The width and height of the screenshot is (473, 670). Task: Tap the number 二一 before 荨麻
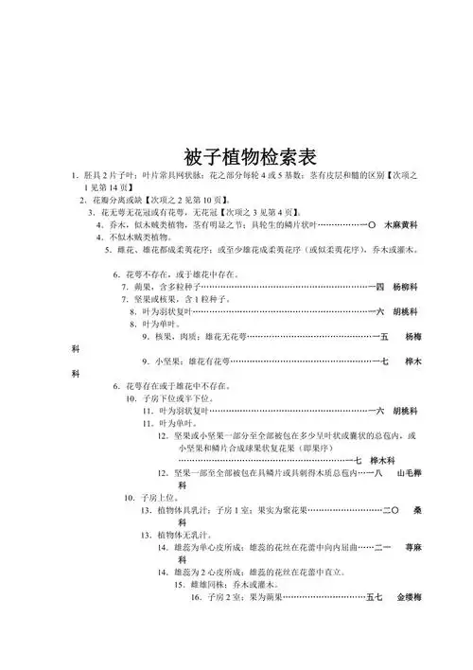pyautogui.click(x=382, y=548)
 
